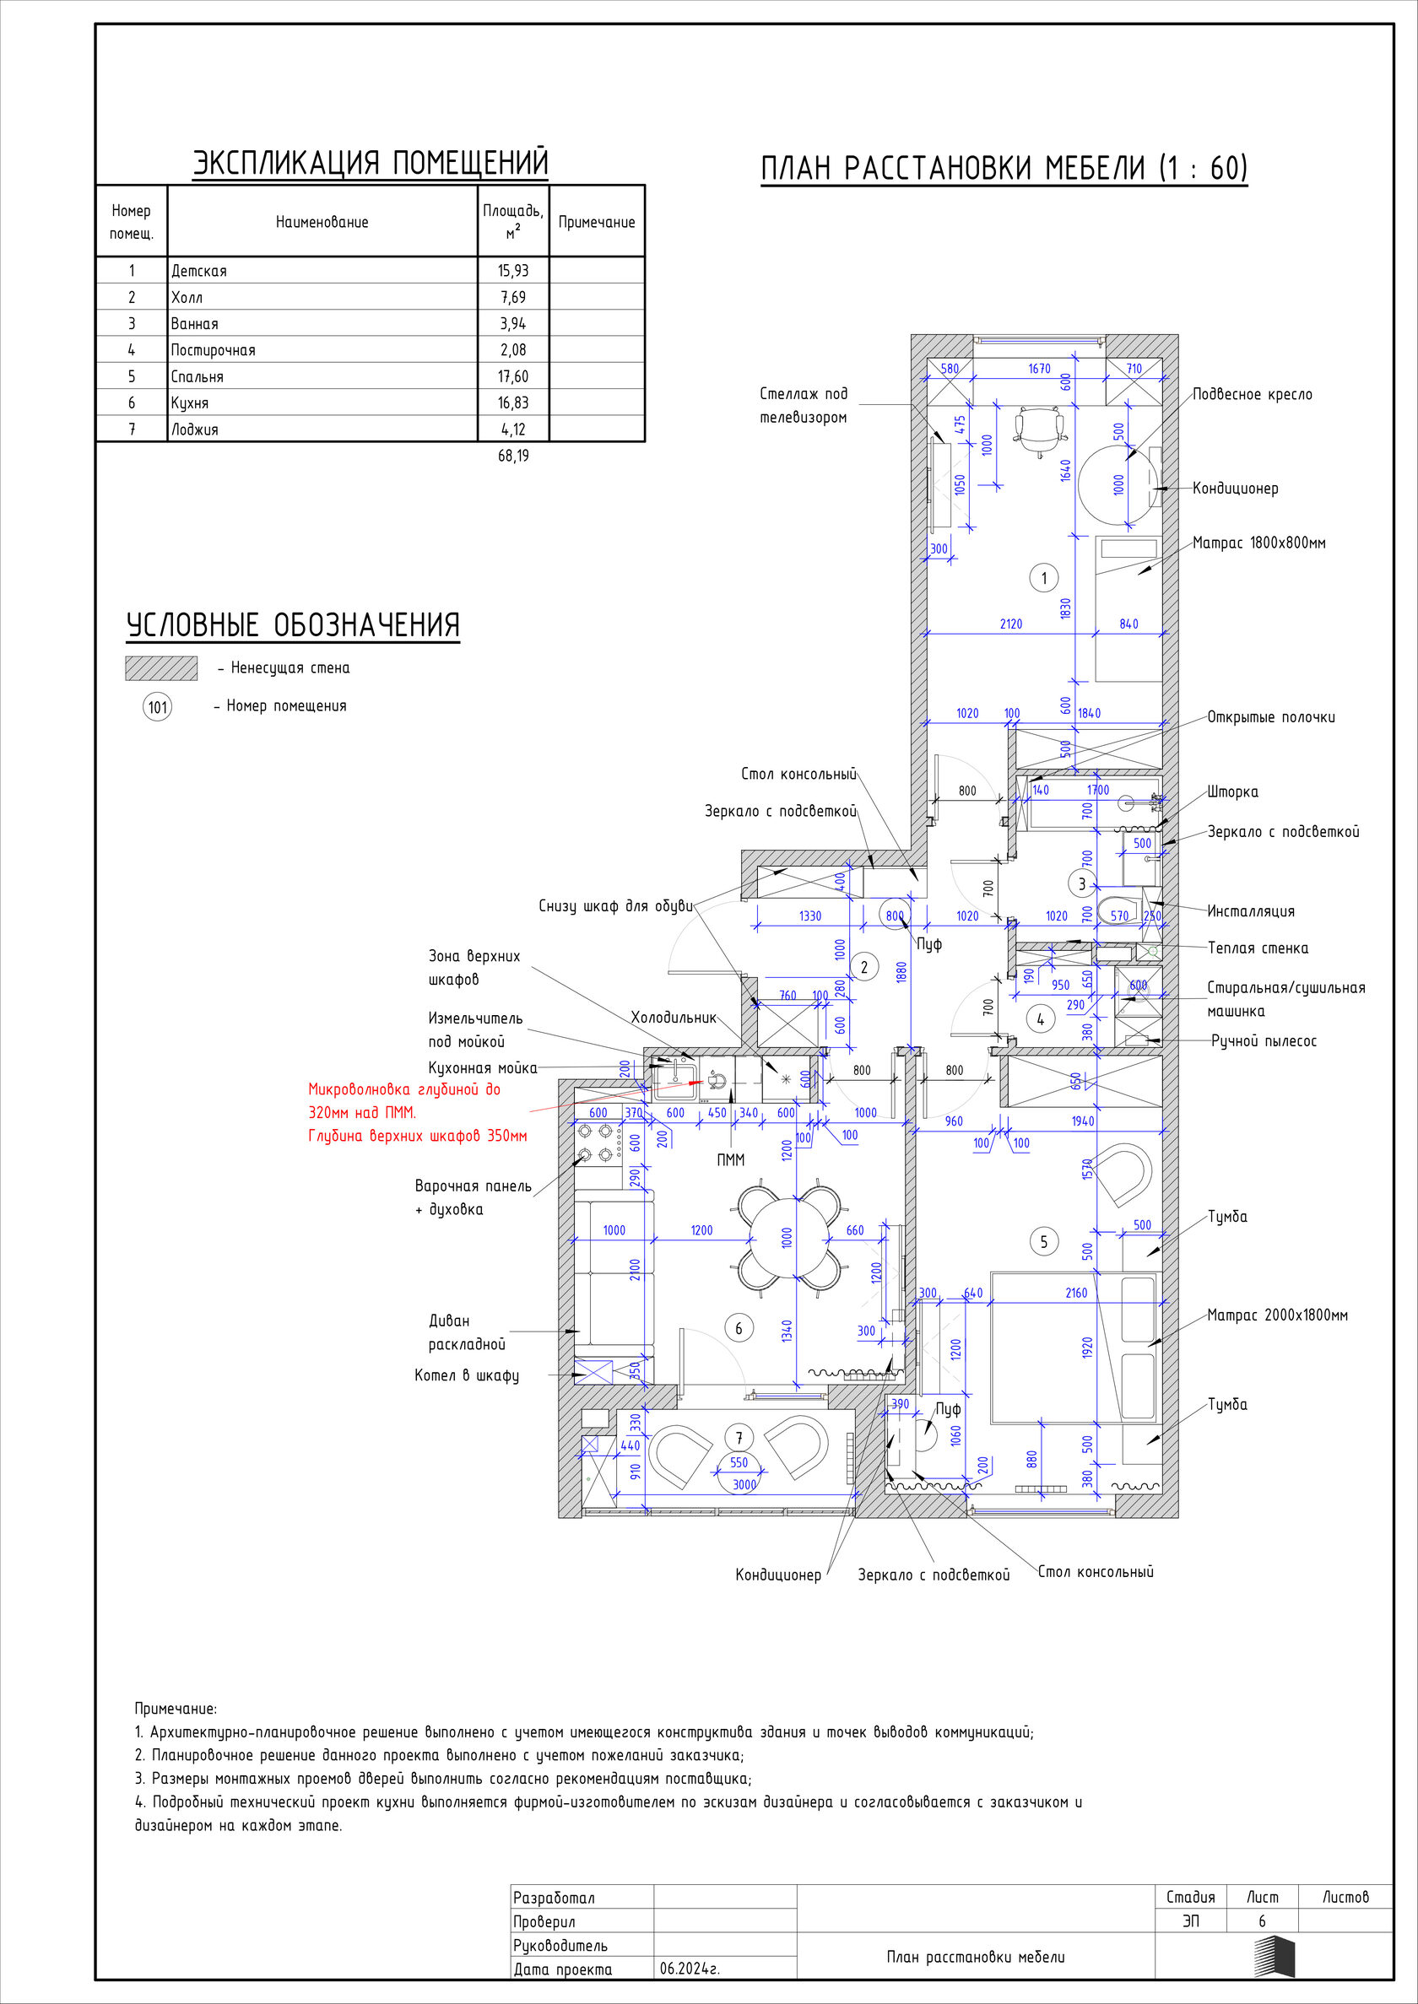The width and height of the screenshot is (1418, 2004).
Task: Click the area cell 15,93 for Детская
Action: click(513, 271)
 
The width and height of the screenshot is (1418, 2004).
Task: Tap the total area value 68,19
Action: click(513, 456)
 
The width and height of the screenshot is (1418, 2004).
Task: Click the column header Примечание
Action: click(597, 222)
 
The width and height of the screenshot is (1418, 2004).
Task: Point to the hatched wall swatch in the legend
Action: click(161, 667)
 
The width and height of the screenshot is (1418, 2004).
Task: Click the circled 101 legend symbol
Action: click(157, 706)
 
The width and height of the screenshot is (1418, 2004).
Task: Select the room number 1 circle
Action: click(1043, 577)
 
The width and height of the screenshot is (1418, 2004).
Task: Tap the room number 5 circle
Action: click(1043, 1241)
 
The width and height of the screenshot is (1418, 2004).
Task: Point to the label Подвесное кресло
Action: click(1252, 395)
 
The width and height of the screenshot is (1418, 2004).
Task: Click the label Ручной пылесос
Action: click(1264, 1041)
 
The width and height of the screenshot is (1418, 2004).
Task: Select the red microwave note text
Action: click(417, 1113)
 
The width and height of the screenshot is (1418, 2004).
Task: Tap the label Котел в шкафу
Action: click(466, 1375)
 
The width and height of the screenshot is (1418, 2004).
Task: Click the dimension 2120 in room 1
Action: click(1010, 624)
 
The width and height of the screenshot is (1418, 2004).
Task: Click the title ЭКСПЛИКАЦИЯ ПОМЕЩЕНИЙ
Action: click(371, 163)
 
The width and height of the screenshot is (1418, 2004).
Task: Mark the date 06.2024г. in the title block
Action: click(690, 1969)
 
